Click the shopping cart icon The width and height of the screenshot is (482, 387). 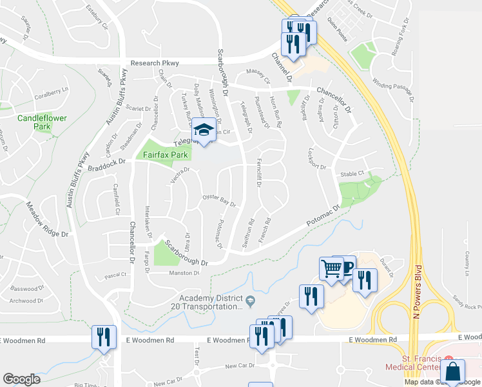pyautogui.click(x=331, y=267)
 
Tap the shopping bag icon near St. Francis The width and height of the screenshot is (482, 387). pyautogui.click(x=453, y=373)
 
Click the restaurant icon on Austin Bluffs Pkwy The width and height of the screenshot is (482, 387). pyautogui.click(x=102, y=337)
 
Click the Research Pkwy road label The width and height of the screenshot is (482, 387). pyautogui.click(x=154, y=63)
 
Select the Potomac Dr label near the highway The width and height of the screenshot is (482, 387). pyautogui.click(x=322, y=217)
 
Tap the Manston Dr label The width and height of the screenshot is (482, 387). pyautogui.click(x=184, y=273)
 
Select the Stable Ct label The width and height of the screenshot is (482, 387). pyautogui.click(x=352, y=174)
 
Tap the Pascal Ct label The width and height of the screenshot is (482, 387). pyautogui.click(x=115, y=275)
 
